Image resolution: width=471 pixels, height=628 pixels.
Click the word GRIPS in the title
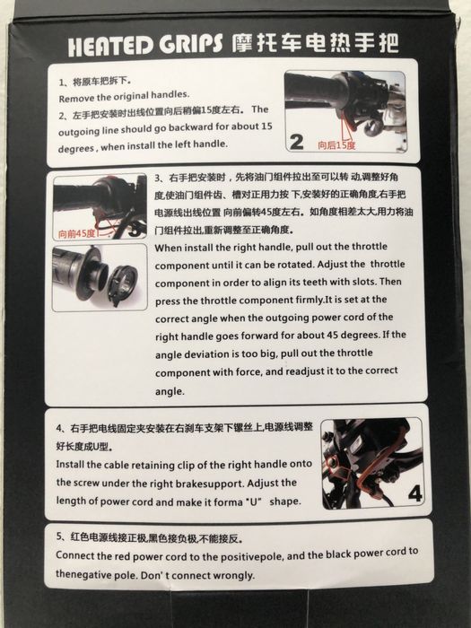(190, 44)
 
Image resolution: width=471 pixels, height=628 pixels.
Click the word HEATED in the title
(110, 47)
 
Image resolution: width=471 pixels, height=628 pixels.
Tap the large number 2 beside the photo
(296, 142)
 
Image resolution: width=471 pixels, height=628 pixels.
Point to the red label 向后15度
(336, 145)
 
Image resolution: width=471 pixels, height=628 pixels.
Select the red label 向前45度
(76, 234)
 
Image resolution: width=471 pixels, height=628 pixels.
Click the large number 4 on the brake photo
(414, 493)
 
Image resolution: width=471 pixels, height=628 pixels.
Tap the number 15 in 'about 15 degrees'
(266, 126)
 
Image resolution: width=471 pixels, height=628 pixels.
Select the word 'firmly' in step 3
(310, 300)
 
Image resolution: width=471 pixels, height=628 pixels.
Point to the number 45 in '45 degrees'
(332, 335)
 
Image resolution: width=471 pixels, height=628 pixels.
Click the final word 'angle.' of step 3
(170, 392)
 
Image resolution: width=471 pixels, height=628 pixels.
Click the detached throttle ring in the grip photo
(123, 281)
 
